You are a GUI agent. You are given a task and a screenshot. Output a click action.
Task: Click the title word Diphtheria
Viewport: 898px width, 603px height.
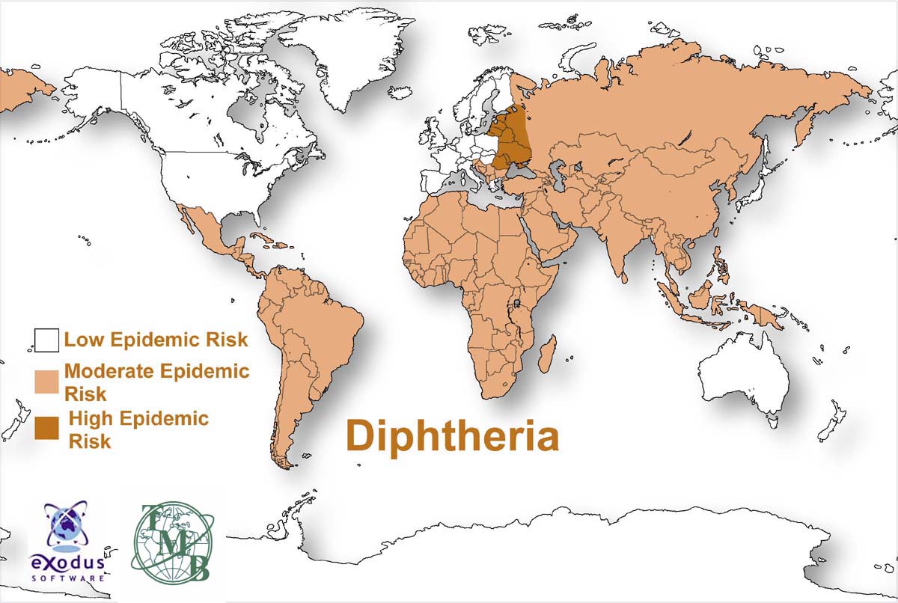coord(452,436)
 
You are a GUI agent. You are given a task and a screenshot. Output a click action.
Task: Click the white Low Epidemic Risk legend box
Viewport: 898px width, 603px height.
coord(46,341)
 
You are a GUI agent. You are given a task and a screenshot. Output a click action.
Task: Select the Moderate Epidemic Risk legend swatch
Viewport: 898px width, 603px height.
coord(46,381)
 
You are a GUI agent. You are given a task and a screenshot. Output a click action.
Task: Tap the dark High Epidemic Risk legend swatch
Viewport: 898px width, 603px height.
coord(46,428)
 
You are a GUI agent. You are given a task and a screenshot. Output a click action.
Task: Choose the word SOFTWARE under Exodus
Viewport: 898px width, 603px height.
coord(67,578)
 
